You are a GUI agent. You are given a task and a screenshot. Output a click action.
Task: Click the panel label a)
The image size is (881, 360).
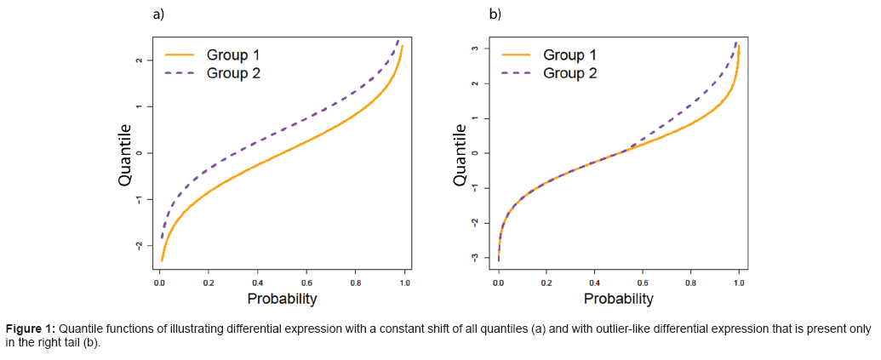[157, 14]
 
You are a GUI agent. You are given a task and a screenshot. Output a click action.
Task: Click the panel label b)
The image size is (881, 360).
[495, 14]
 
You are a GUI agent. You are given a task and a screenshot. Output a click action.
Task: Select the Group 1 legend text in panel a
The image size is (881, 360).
[233, 55]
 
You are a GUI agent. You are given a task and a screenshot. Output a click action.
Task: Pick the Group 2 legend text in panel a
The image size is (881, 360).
[233, 73]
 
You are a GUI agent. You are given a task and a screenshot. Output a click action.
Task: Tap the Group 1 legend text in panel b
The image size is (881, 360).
[569, 55]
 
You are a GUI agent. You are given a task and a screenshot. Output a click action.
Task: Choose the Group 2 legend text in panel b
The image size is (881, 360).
[569, 73]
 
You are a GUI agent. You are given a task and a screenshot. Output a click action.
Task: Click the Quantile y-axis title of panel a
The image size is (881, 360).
[125, 154]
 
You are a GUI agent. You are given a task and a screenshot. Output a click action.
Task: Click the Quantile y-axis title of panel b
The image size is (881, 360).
[461, 155]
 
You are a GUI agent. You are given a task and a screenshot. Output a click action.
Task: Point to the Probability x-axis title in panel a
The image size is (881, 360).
[282, 299]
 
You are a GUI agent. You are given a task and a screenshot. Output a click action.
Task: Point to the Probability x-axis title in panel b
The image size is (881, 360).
[618, 299]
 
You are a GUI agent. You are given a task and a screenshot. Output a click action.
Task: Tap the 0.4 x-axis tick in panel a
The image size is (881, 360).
[257, 282]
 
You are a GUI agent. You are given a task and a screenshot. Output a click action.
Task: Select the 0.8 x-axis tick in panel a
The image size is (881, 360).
[356, 282]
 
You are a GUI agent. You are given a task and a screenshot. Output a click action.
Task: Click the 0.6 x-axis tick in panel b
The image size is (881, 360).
[643, 282]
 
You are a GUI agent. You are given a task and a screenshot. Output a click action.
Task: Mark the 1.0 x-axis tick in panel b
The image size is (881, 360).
[739, 282]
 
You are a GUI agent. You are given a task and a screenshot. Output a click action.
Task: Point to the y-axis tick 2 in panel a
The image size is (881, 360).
[139, 60]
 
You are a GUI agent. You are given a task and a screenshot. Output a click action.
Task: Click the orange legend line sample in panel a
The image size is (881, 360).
[180, 55]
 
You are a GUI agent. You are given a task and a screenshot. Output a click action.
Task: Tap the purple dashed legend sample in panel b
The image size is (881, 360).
[517, 73]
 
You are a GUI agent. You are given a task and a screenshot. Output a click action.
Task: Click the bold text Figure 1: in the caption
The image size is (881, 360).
[31, 329]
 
